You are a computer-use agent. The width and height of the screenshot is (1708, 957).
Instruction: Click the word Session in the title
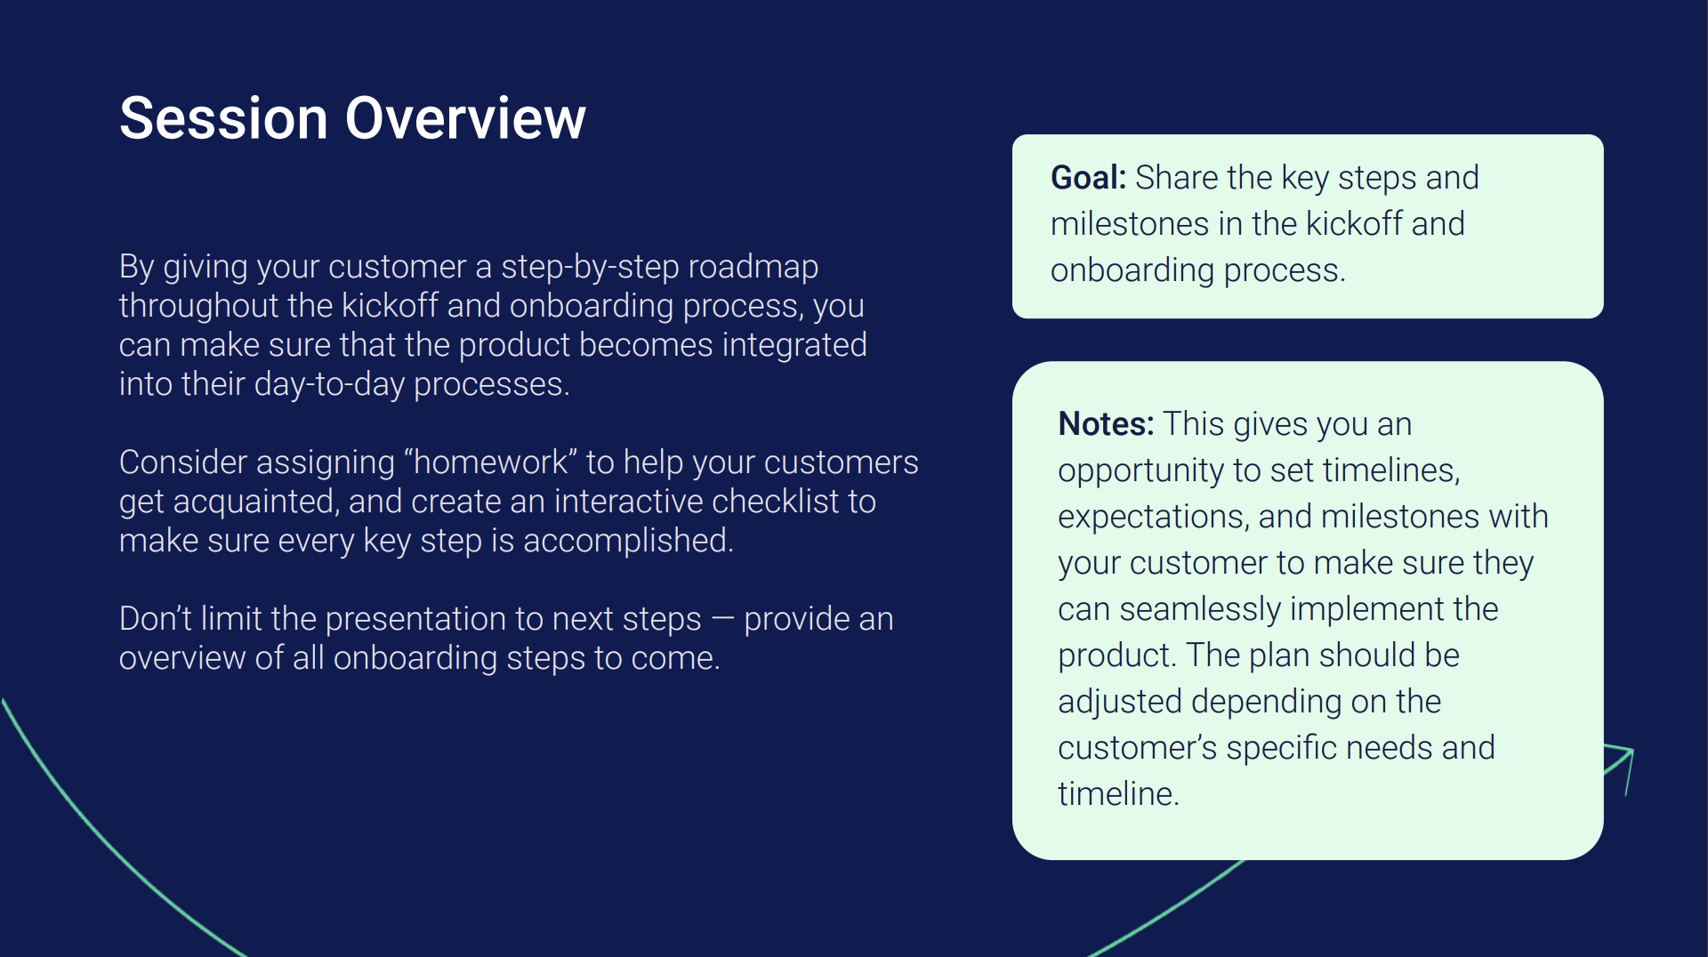click(223, 118)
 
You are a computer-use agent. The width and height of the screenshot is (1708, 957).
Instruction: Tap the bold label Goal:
click(1089, 178)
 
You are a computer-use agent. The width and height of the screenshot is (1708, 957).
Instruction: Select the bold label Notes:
click(1106, 424)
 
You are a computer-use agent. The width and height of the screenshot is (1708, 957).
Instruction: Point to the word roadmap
click(753, 268)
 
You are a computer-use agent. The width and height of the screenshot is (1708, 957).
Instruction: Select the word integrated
click(794, 346)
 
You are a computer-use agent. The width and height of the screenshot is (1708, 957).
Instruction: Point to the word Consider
click(183, 462)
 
